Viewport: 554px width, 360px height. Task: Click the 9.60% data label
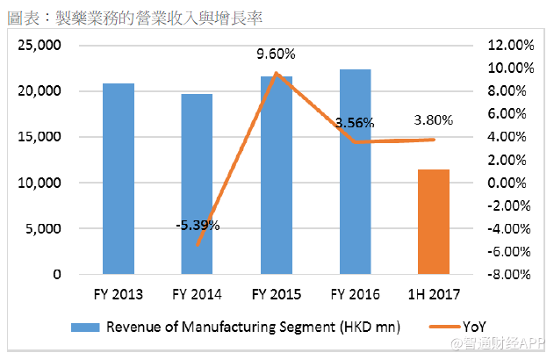[x=276, y=54]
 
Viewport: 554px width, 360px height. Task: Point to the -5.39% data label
[x=197, y=225]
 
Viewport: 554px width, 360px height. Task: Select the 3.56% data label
[x=355, y=123]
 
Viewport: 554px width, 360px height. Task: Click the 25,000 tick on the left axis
[x=40, y=45]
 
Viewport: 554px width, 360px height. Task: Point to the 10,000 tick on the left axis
[x=40, y=183]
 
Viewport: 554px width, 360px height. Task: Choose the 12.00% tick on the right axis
[x=509, y=45]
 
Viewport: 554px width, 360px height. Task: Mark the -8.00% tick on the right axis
[x=509, y=274]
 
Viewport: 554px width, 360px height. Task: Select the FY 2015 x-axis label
[x=276, y=293]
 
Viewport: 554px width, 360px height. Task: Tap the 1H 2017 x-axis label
[x=434, y=293]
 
